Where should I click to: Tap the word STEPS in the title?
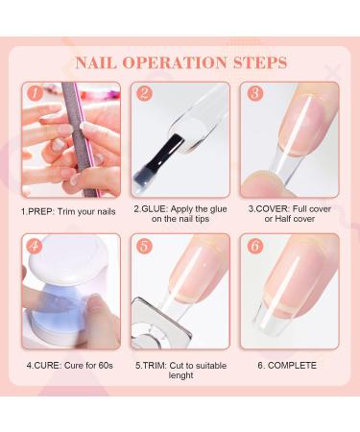coord(256,62)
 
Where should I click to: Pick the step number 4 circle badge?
coord(35,246)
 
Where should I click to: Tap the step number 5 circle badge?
coord(144,246)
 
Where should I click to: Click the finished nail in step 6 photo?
coord(288,288)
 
